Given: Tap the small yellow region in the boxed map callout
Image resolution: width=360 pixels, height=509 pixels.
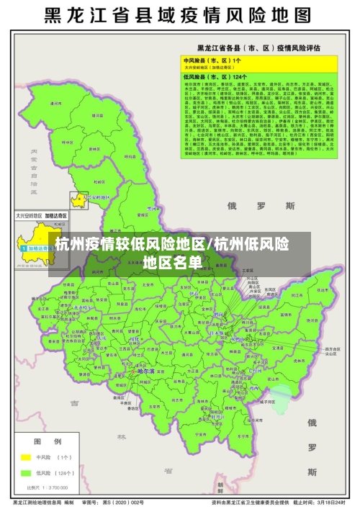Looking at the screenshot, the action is click(x=77, y=199).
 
